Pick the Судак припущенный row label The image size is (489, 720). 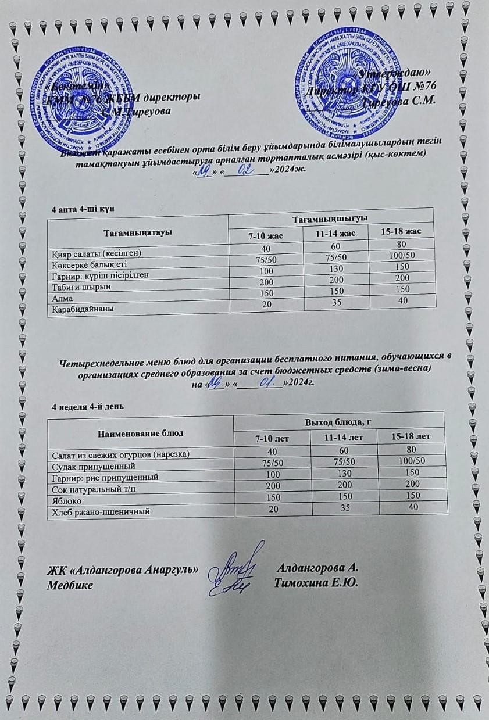point(94,466)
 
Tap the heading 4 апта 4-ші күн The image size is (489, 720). point(87,209)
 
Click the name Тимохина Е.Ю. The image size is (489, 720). point(316,582)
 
